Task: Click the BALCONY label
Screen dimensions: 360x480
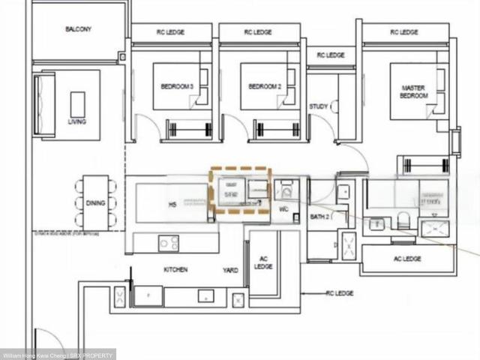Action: pos(78,29)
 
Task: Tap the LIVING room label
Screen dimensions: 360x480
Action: pos(76,121)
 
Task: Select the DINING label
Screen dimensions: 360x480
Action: pos(95,203)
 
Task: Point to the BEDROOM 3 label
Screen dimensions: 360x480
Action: pos(177,87)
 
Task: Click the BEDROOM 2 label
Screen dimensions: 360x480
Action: pos(265,87)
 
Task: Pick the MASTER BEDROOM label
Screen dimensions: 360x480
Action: pos(412,92)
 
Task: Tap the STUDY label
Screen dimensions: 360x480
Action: pos(319,106)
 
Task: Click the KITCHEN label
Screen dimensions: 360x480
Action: pos(175,269)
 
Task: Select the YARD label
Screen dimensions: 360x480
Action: pos(230,269)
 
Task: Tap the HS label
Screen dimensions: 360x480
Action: pos(172,203)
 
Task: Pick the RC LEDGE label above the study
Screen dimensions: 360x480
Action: pos(331,55)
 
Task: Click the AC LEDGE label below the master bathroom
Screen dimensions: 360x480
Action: pos(407,259)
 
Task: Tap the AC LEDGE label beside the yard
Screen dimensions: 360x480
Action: pos(263,262)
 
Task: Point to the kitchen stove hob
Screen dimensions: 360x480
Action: pos(169,242)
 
